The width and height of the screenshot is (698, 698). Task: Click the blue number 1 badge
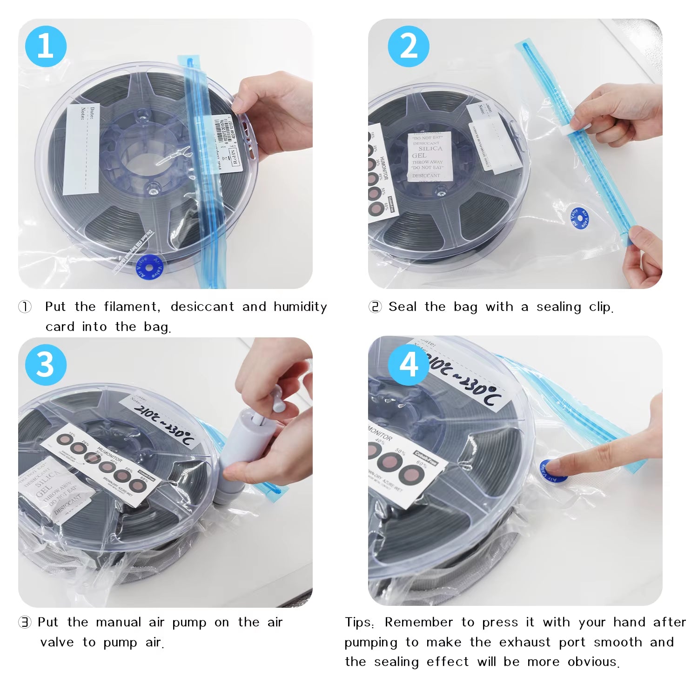pyautogui.click(x=46, y=47)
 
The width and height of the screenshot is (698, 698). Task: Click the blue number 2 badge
pyautogui.click(x=409, y=47)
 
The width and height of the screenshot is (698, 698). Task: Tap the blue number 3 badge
pyautogui.click(x=46, y=365)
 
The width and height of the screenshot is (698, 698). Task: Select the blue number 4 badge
pyautogui.click(x=409, y=365)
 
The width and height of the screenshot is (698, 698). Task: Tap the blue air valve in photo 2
pyautogui.click(x=579, y=218)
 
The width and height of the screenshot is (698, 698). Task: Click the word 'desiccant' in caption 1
pyautogui.click(x=202, y=307)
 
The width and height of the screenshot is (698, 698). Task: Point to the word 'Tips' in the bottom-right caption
pyautogui.click(x=358, y=622)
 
